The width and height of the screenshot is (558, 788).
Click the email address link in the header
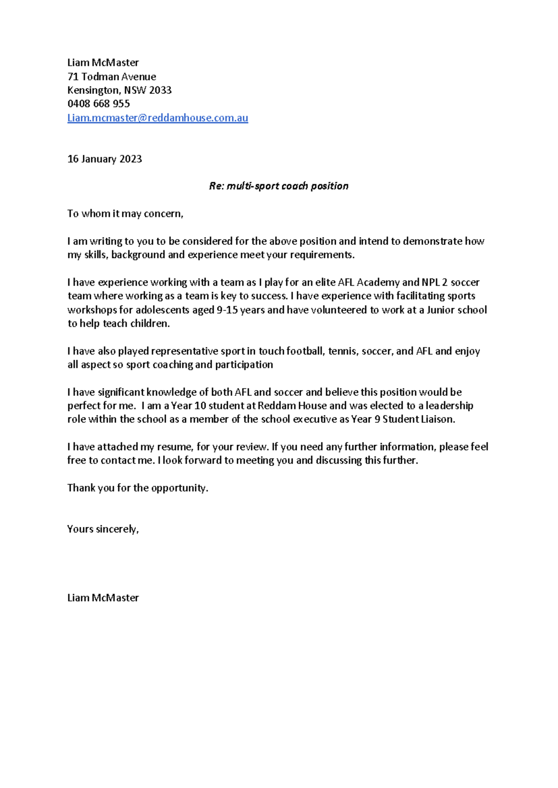click(158, 118)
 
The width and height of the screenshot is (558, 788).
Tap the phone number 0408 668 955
click(99, 104)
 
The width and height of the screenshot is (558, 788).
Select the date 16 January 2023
click(105, 159)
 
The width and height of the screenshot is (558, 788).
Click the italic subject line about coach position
click(279, 186)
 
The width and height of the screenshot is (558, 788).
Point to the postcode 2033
click(160, 90)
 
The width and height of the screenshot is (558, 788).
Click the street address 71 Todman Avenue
click(112, 77)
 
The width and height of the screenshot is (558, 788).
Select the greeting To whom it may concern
click(125, 214)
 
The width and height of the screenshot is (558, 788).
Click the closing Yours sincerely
click(103, 529)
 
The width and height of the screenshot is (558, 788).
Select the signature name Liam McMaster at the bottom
click(103, 598)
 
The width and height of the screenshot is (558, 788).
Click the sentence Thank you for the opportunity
click(138, 488)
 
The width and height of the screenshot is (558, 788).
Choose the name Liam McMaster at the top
click(103, 63)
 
